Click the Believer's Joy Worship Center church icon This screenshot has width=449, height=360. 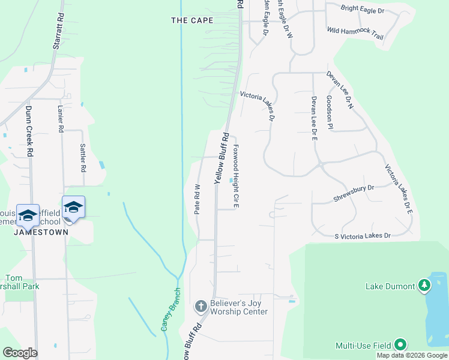point(201,307)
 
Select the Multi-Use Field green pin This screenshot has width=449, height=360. point(400,345)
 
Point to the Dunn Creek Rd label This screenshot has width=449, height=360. point(28,131)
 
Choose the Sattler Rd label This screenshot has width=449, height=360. point(83,157)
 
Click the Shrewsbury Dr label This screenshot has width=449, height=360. point(354,188)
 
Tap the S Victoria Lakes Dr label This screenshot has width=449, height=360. point(363,236)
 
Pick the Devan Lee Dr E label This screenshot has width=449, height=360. point(313,118)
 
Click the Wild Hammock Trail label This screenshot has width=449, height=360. point(355,32)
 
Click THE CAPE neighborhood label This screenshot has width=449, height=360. point(192,20)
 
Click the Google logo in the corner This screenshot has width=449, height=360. point(20,353)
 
